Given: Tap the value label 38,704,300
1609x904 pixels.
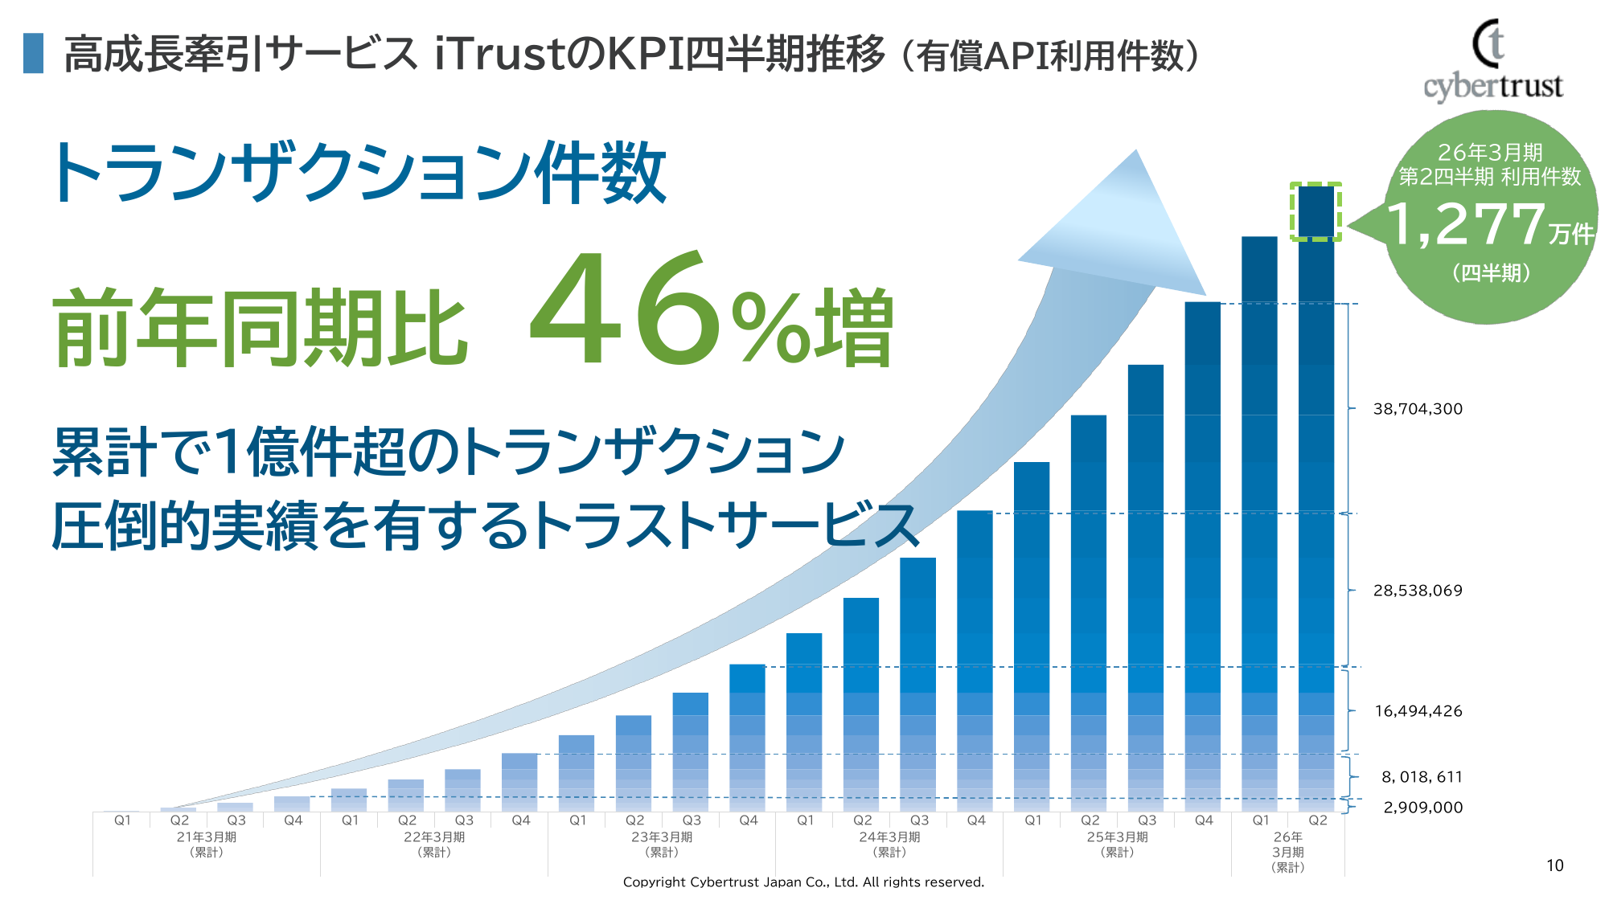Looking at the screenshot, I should (1418, 409).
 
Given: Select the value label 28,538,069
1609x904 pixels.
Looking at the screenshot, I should (1418, 591).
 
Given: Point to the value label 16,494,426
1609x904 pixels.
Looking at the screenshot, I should (1418, 711).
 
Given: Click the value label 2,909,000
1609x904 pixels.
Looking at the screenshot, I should (1422, 808).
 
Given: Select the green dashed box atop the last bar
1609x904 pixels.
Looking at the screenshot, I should (1316, 211).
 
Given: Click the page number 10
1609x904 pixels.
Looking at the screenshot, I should (1554, 865).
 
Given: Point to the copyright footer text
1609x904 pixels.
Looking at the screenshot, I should (803, 882).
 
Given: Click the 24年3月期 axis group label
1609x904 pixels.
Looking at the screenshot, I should (889, 844).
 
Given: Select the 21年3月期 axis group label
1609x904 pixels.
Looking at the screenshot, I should (207, 844).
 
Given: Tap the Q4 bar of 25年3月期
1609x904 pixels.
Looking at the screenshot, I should (1202, 554).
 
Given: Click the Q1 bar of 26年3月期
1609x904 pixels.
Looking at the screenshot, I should (1259, 522).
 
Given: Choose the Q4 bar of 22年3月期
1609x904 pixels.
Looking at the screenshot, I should (519, 782).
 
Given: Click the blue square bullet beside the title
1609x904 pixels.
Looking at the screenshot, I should (33, 53).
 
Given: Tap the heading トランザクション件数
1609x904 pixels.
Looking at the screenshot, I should (358, 173).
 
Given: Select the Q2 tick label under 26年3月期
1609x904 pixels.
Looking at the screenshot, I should (1317, 820).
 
